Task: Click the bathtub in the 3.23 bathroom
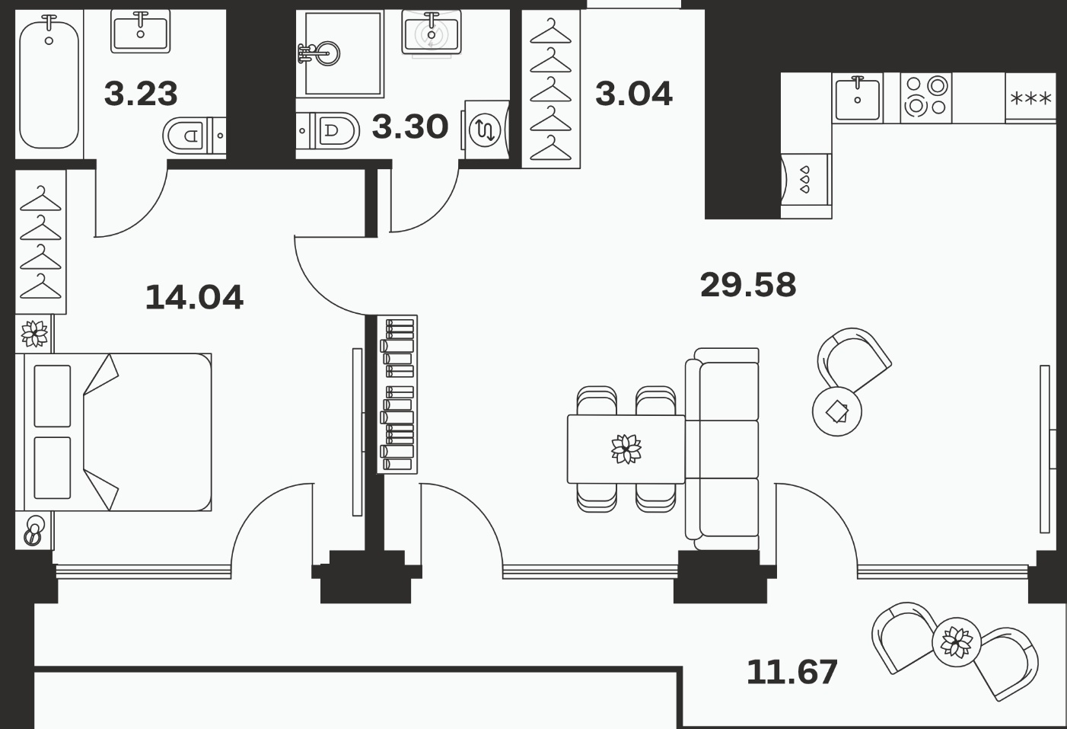coord(49,81)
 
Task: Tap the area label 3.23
coord(141,94)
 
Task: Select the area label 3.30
coord(410,126)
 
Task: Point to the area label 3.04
coord(633,94)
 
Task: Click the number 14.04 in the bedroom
coord(194,297)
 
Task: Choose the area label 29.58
coord(748,285)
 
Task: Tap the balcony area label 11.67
coord(791,672)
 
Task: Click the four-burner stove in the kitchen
coord(926,98)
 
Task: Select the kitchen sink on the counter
coord(858,99)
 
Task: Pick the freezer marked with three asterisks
coord(1030,98)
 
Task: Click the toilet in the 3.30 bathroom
coord(328,130)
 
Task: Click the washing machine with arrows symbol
coord(485,129)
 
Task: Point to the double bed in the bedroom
coord(113,432)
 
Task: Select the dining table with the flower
coord(626,449)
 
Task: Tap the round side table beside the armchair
coord(837,411)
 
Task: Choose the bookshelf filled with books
coord(397,395)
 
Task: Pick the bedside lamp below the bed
coord(34,531)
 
